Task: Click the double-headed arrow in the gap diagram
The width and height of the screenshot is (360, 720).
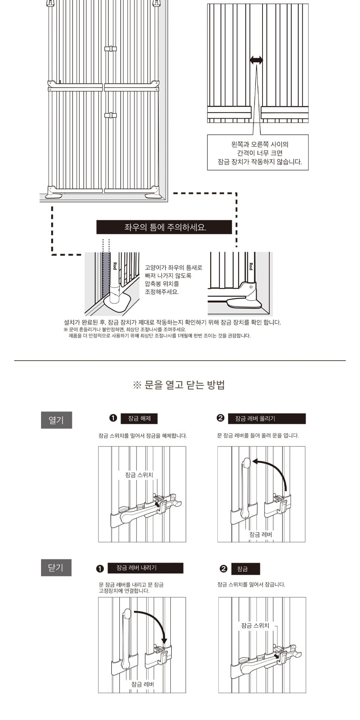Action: coord(256,60)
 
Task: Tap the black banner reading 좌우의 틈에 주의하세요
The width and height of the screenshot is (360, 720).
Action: coord(164,227)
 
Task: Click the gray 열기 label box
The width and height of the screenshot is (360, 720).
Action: coord(57,420)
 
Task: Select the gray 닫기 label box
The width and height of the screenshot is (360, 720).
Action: coord(56,568)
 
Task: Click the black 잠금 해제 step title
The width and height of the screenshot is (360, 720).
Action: coord(139,418)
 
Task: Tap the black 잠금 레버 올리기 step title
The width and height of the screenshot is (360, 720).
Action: coord(267,418)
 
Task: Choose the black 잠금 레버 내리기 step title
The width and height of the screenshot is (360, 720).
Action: coord(145,568)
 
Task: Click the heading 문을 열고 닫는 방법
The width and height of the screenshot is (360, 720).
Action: coord(180,385)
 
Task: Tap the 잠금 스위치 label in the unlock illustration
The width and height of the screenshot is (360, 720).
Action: coord(139,475)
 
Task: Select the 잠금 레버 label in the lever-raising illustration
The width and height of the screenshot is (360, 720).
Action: coord(260,534)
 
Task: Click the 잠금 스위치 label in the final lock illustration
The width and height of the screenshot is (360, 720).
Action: coord(255,625)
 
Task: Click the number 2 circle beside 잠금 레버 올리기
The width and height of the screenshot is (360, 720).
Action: coord(221,418)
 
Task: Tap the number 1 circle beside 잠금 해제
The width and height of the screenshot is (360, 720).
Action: coord(113,418)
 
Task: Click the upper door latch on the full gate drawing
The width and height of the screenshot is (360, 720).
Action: coord(111,49)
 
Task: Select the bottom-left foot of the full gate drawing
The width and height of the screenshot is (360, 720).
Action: coord(53,193)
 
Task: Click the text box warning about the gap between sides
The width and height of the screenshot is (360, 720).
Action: coord(258,152)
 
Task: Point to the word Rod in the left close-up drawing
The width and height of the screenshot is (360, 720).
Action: coord(115,266)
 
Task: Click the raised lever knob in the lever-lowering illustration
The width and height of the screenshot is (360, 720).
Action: coord(127,614)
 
